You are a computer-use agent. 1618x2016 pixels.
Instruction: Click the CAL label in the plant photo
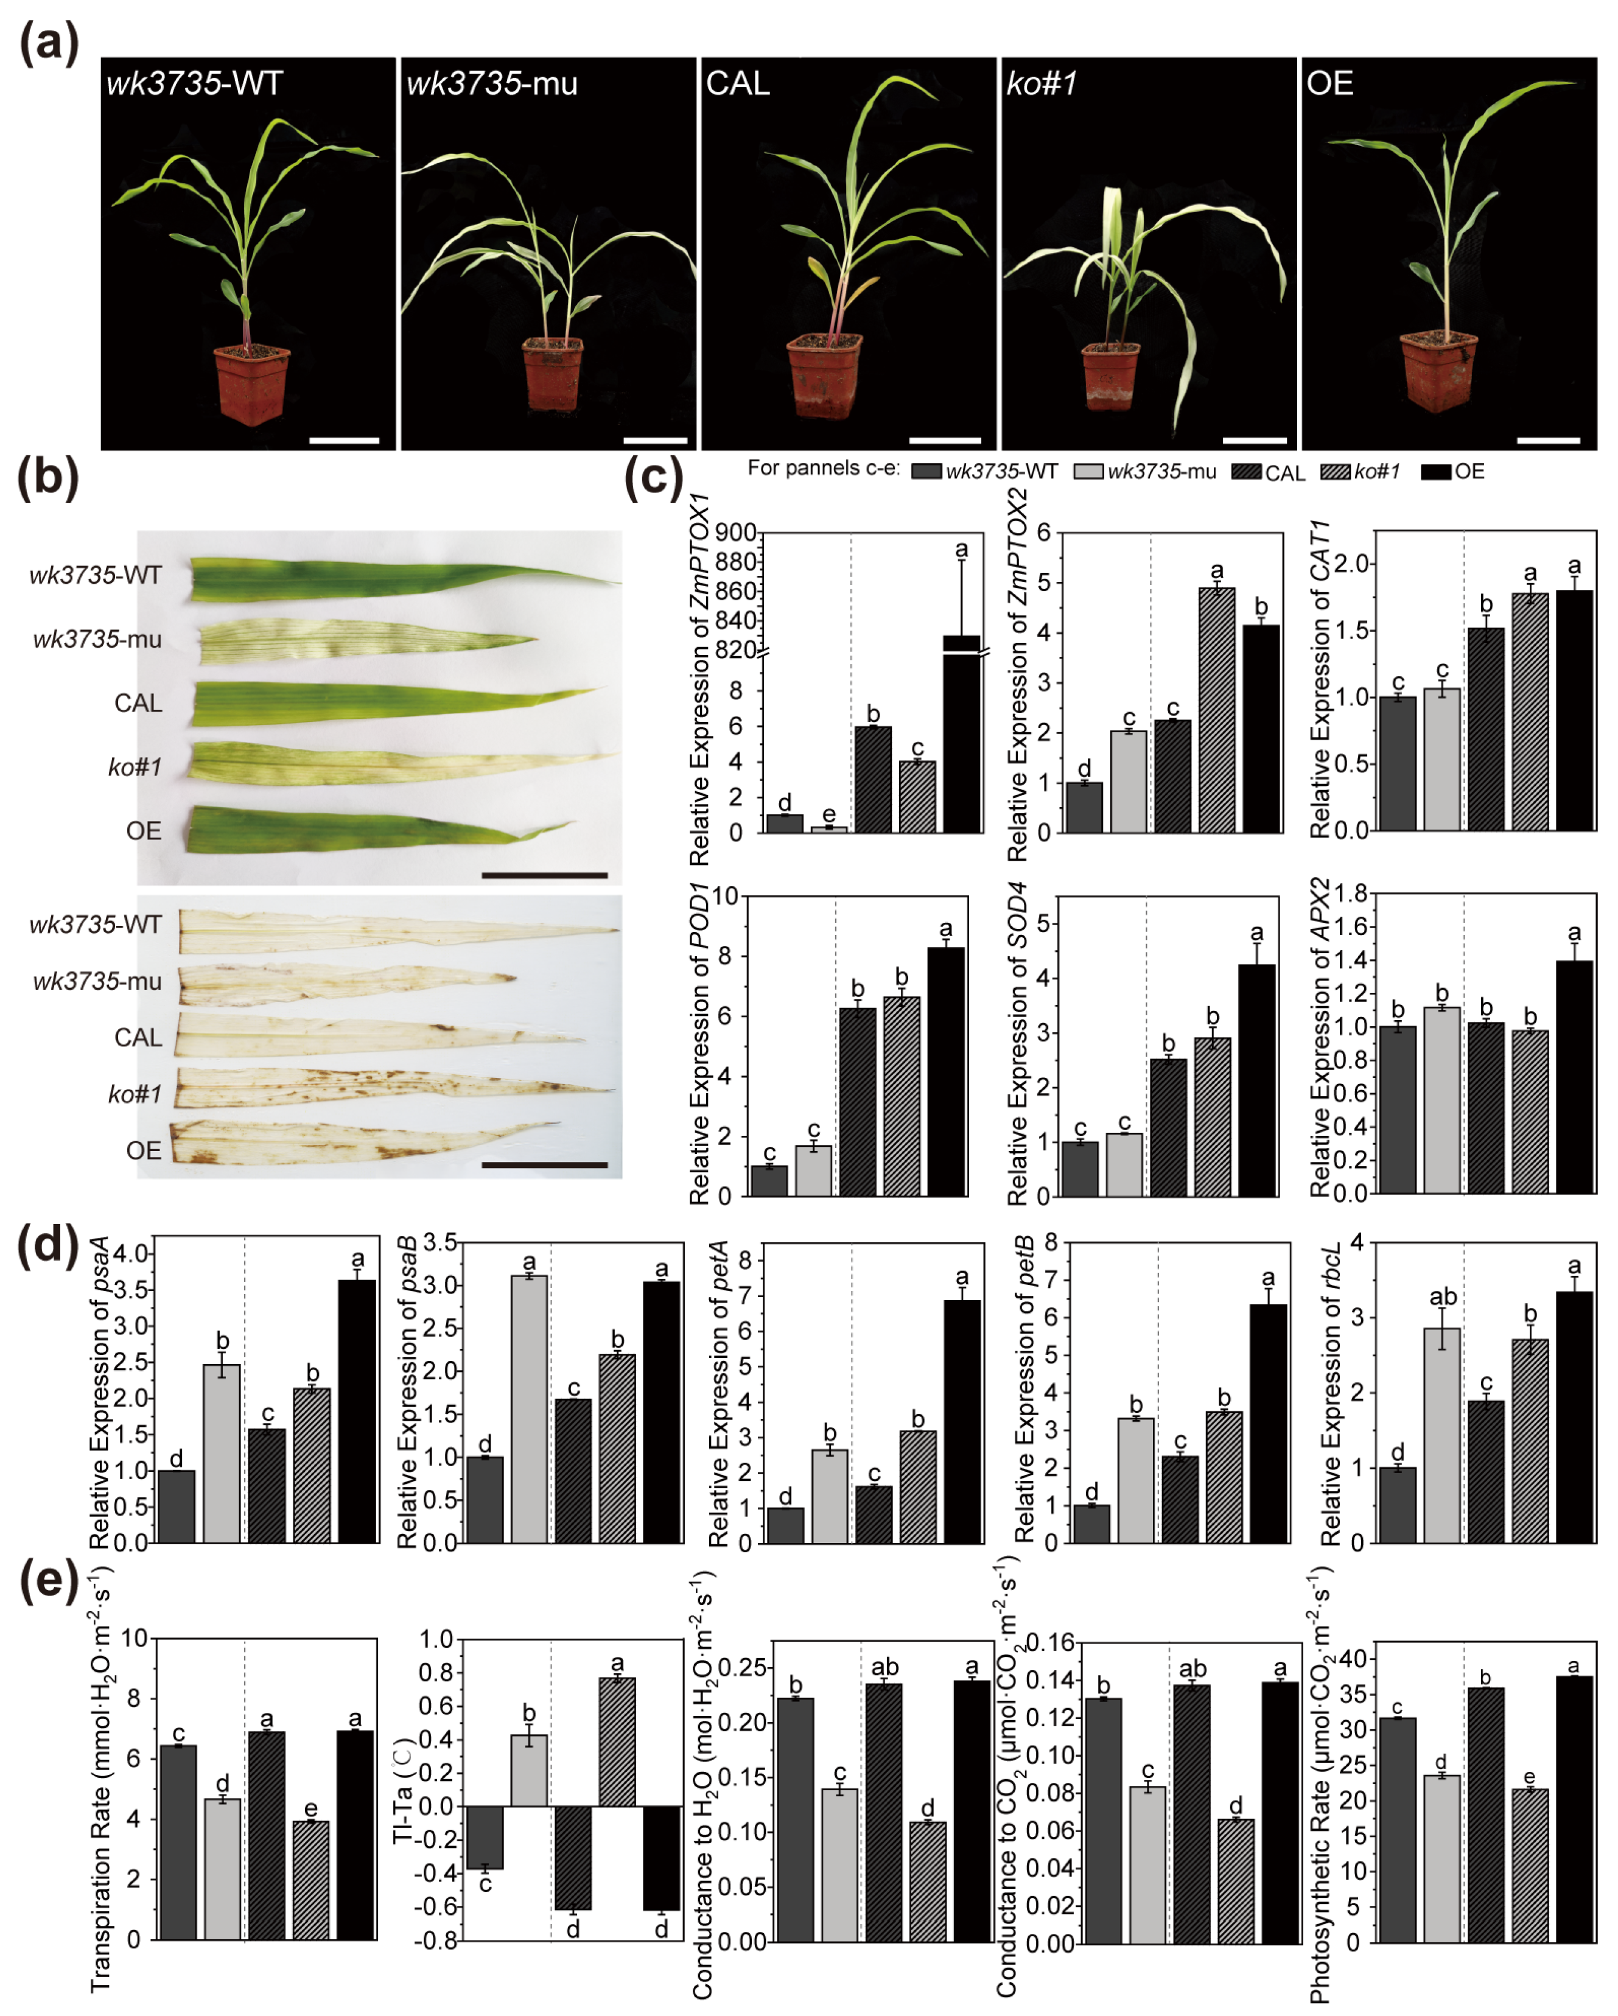click(x=737, y=84)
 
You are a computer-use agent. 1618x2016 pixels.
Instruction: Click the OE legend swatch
click(x=1435, y=471)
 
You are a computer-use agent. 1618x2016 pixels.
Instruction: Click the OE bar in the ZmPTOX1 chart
click(x=961, y=739)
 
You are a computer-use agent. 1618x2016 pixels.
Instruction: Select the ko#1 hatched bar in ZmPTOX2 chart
click(x=1216, y=710)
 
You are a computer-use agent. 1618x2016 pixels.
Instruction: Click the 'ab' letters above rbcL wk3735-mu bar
click(x=1442, y=1297)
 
